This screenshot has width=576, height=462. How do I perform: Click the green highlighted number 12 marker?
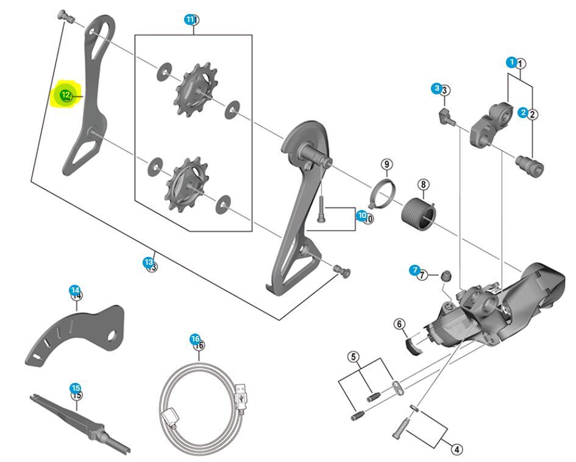[65, 95]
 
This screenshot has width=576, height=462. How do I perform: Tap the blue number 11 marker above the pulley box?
[190, 19]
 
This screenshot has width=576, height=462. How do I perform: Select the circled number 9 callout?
[386, 164]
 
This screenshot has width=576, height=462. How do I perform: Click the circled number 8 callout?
[423, 184]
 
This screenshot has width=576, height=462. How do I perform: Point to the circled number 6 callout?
[400, 324]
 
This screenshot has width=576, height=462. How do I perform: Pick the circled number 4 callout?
[456, 449]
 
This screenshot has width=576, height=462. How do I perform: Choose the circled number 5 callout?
[354, 357]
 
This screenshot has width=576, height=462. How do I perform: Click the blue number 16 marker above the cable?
[194, 338]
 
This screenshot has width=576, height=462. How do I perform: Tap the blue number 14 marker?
[74, 290]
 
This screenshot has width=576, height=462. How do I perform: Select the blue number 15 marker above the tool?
[75, 388]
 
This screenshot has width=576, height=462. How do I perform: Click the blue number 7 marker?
[415, 270]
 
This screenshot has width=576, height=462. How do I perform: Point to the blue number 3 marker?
[436, 89]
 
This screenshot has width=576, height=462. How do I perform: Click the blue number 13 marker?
[148, 262]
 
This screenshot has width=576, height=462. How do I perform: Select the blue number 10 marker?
[361, 215]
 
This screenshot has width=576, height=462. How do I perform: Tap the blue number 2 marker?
[523, 113]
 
